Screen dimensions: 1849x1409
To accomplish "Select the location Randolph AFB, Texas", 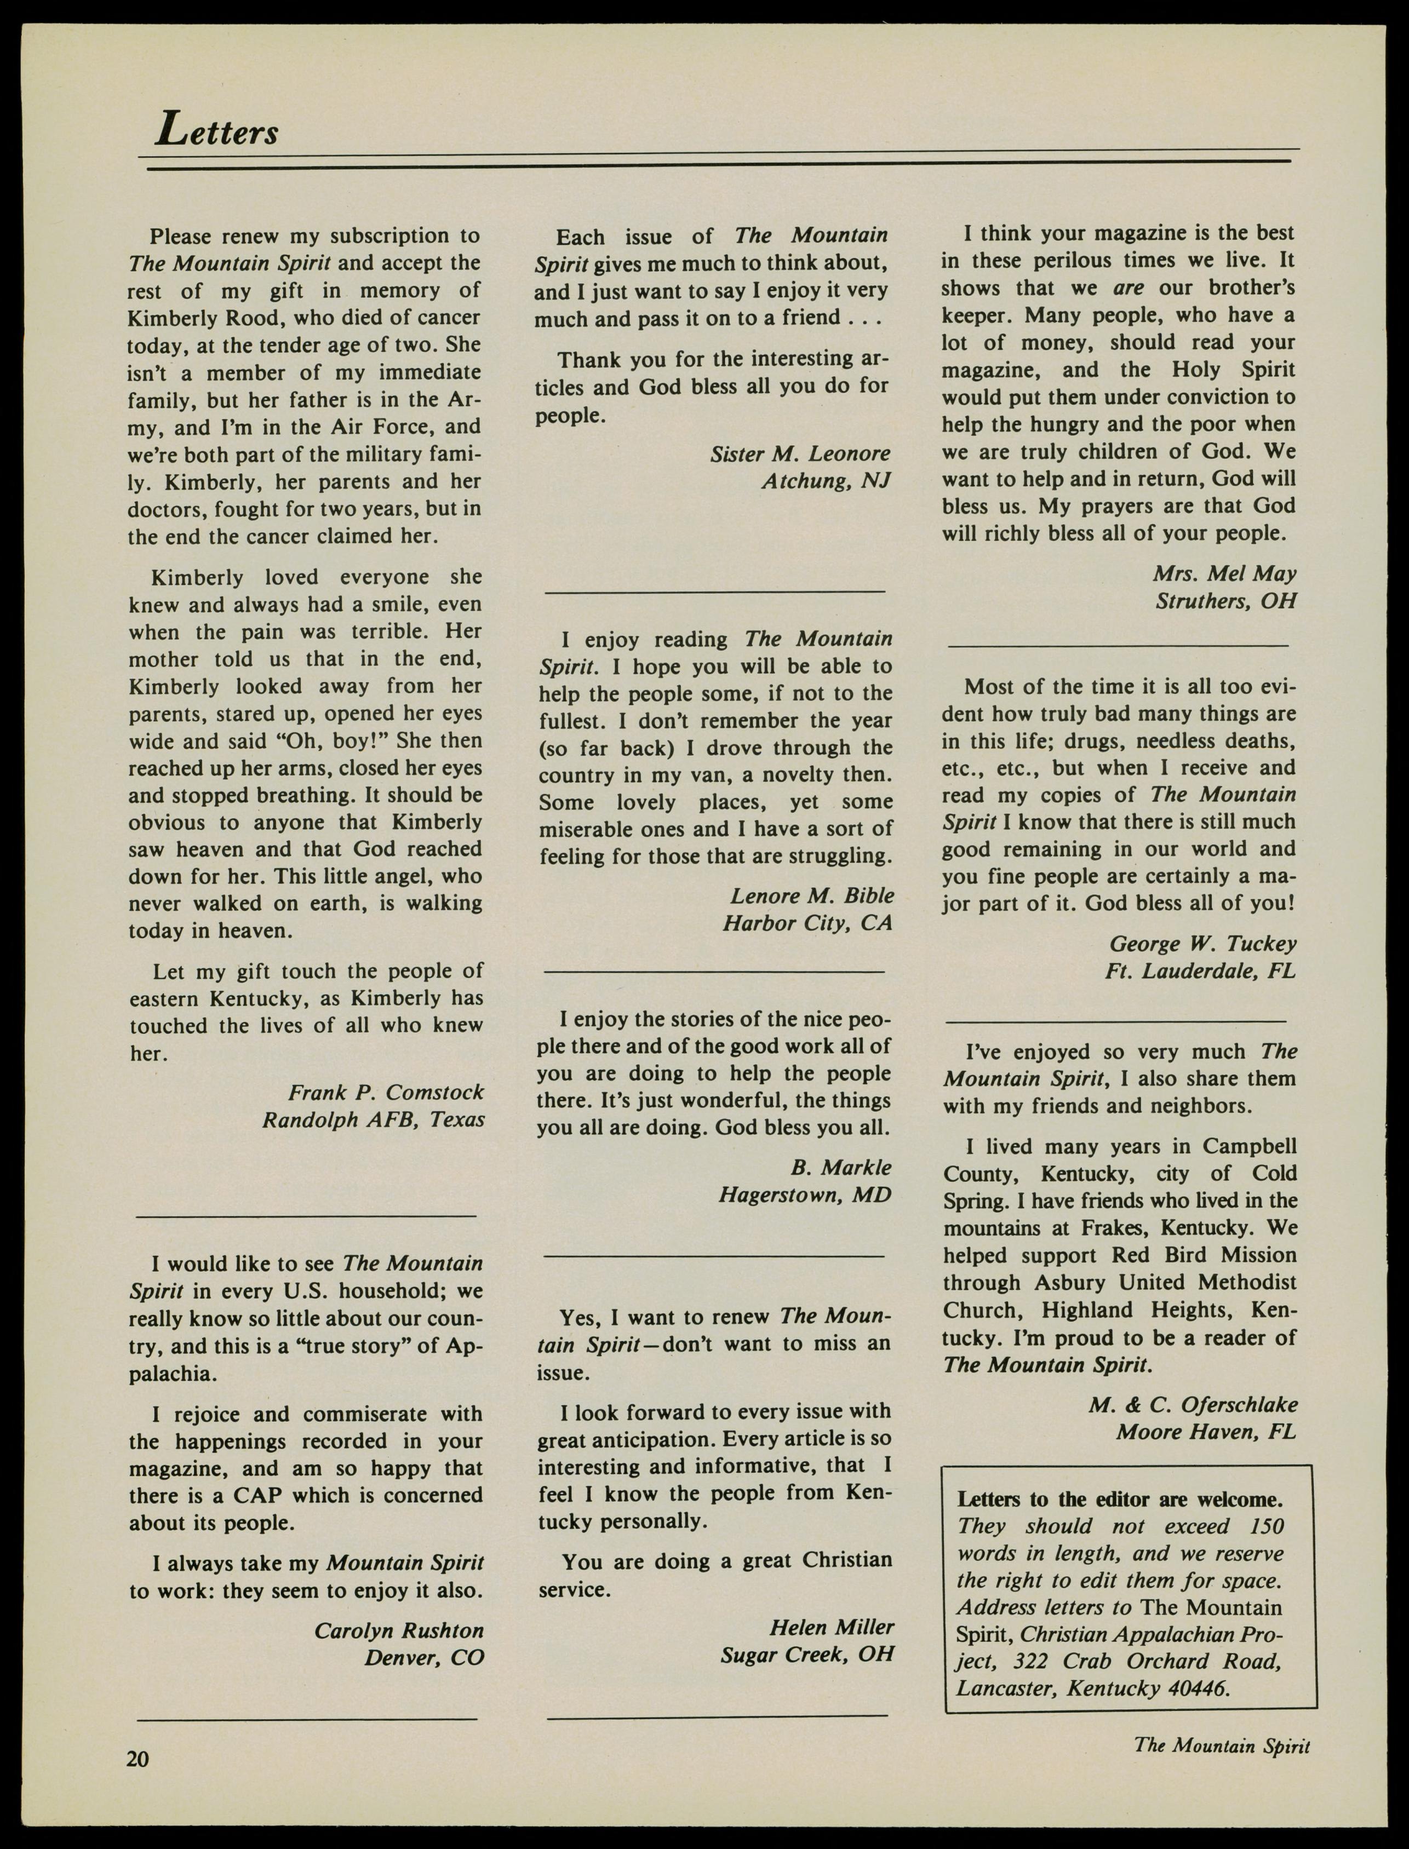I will point(373,1121).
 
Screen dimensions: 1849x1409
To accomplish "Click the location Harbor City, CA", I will point(807,923).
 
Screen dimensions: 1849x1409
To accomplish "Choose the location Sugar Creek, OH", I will point(807,1655).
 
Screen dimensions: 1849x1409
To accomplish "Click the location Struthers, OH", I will point(1225,601).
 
